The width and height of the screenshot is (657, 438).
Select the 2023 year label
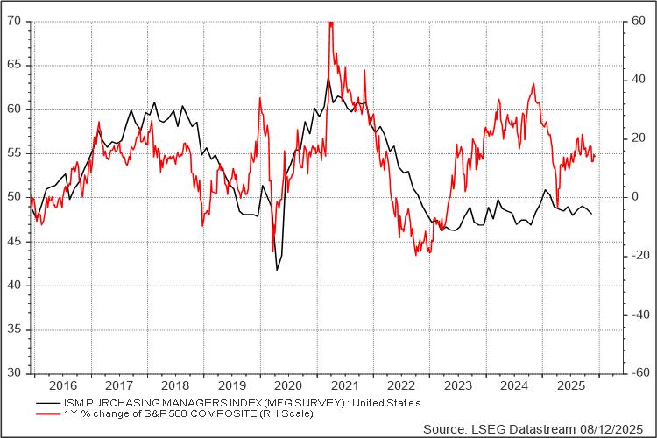click(456, 385)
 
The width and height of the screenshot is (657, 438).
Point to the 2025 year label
click(570, 385)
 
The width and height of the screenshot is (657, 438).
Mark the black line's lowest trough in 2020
click(278, 270)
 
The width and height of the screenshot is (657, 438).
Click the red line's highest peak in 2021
click(330, 22)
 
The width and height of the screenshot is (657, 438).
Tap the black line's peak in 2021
click(328, 77)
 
